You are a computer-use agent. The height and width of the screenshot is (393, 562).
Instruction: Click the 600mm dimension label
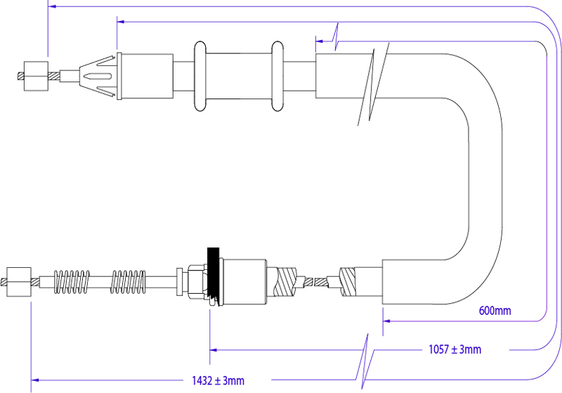coord(495,310)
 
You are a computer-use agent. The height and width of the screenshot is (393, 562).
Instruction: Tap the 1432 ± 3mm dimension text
coord(218,380)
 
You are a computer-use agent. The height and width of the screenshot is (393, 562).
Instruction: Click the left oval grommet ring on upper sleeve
coord(198,76)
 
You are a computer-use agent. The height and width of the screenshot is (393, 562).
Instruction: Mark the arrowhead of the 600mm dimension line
coord(387,320)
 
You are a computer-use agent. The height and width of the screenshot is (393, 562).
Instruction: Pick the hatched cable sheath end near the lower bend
coord(350,283)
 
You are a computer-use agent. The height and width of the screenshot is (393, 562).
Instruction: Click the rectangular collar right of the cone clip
coord(147,76)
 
